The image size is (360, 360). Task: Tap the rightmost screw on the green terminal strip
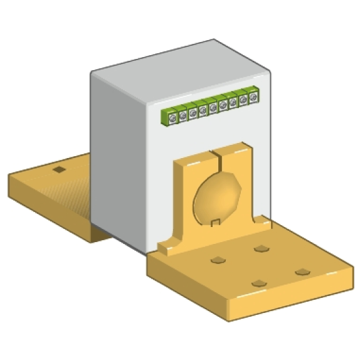tap(253, 98)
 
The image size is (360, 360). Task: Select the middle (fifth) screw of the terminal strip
tap(213, 107)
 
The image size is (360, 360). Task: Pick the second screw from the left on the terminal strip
tap(183, 114)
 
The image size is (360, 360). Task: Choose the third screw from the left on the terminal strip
tap(193, 112)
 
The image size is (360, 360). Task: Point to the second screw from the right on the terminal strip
tap(243, 100)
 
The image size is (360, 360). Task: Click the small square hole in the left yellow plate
tap(59, 170)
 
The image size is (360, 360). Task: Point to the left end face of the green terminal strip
tap(164, 119)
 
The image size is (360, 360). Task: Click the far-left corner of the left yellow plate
tap(9, 179)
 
